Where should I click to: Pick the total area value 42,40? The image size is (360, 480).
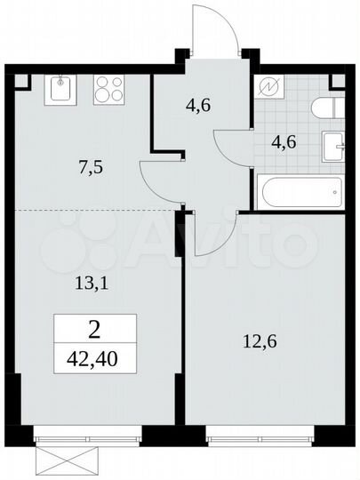[94, 362]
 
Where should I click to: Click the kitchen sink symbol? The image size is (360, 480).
[60, 89]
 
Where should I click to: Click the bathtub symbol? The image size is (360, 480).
[299, 189]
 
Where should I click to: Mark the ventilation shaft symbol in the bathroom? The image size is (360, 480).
[268, 87]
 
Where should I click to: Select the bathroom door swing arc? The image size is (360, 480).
[231, 142]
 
